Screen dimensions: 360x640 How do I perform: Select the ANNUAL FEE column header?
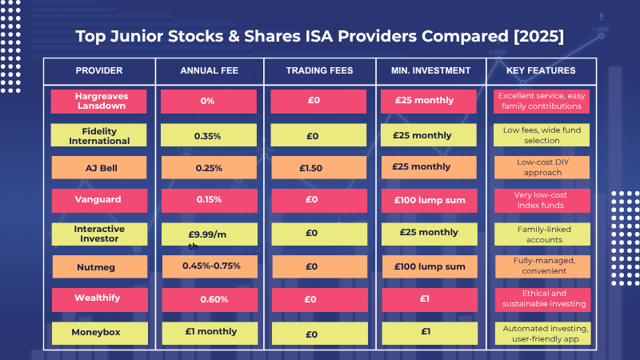point(209,70)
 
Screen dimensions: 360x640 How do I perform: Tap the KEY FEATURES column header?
point(540,70)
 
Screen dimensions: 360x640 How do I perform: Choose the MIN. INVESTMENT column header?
point(431,70)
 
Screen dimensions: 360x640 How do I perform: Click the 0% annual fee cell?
point(209,101)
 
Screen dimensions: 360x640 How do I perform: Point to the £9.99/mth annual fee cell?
point(209,234)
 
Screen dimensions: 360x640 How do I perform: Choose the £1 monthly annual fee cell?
point(209,332)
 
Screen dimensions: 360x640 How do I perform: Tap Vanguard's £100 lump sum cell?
point(431,200)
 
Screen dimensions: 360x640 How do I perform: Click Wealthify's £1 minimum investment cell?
point(431,299)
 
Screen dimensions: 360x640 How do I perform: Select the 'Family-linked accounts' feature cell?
point(540,234)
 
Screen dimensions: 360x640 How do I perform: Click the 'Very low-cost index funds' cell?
point(540,200)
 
